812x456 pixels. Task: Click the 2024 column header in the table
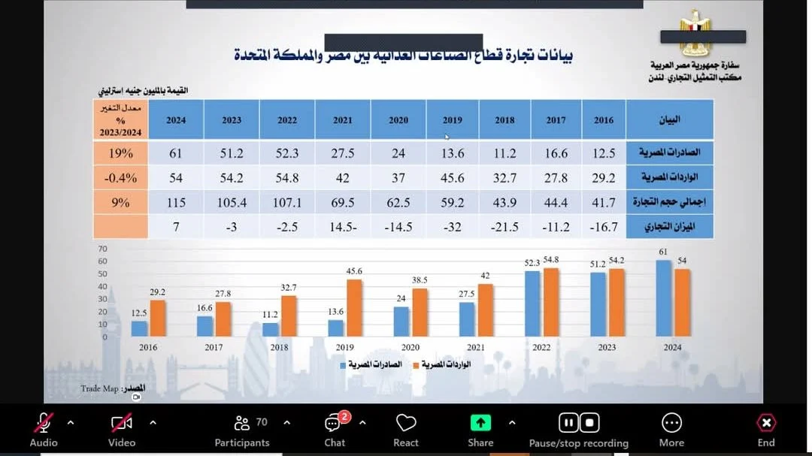176,119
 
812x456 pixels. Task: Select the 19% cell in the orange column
121,153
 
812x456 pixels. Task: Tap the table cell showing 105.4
232,203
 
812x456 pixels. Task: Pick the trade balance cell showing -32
453,227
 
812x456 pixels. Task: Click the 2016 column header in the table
604,119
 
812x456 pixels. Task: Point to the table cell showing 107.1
287,203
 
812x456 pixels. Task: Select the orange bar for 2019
354,308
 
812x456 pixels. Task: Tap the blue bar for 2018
271,329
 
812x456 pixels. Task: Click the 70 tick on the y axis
103,249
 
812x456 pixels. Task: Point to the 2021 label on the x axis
476,347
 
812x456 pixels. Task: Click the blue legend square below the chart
344,365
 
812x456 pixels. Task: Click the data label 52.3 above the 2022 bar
532,263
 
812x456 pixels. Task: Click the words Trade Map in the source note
99,389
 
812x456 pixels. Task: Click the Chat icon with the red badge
334,424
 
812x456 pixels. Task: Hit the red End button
766,424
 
